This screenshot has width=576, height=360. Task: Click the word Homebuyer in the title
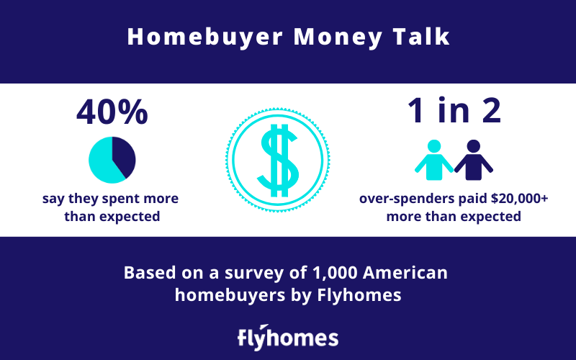205,37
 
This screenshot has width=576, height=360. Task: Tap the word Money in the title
338,37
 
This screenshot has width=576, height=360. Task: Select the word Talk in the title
421,37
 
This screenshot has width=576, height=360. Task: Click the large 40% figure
112,112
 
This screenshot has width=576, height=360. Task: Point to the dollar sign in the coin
278,161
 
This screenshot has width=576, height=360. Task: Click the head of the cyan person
434,146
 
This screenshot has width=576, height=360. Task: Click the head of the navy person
474,146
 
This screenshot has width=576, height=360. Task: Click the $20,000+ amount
519,199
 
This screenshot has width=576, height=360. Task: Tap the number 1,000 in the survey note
335,274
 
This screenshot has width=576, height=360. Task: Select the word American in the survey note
405,273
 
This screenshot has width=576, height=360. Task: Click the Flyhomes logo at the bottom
288,337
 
